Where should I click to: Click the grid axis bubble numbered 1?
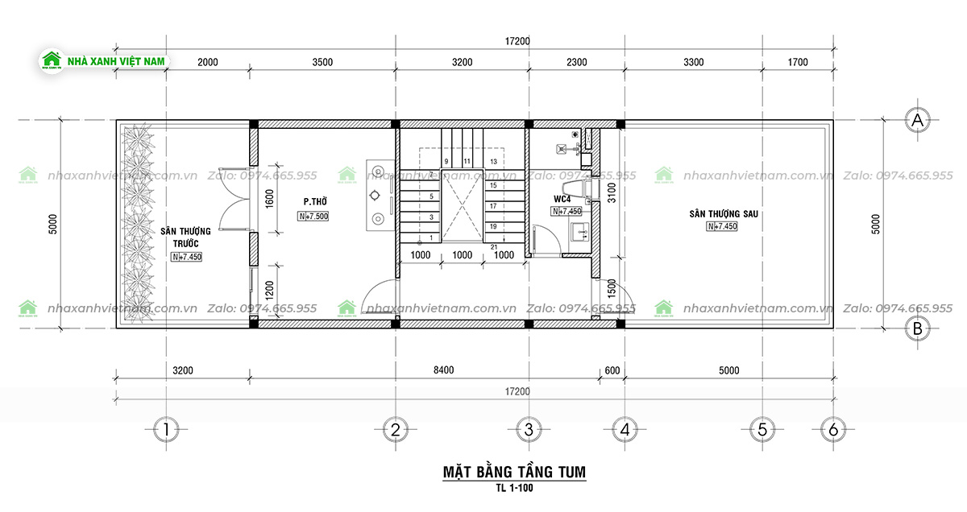click(x=165, y=430)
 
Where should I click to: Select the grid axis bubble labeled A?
click(x=915, y=121)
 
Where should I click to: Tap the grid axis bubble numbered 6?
click(x=832, y=430)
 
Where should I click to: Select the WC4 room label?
click(x=562, y=198)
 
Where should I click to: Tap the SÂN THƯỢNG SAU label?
click(x=724, y=214)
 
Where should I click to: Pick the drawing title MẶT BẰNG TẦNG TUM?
click(x=514, y=472)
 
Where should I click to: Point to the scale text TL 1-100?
click(x=514, y=488)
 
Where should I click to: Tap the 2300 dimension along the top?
click(x=575, y=62)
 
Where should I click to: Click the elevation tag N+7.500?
click(x=313, y=217)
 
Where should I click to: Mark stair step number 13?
click(x=493, y=162)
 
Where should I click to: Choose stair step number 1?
click(x=432, y=237)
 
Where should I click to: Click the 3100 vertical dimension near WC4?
click(x=612, y=192)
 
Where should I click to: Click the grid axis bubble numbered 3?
click(x=528, y=430)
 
